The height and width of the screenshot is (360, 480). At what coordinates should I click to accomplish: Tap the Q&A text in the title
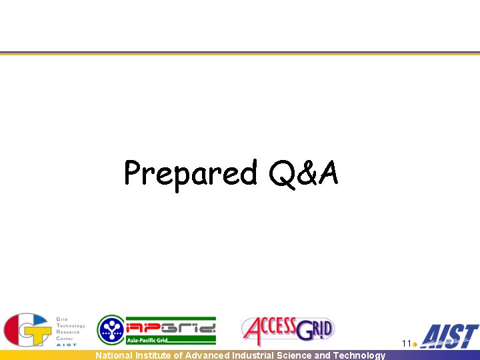click(304, 173)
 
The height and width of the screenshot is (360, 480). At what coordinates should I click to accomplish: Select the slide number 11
click(407, 344)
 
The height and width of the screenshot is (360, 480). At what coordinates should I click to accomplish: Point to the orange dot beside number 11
click(415, 345)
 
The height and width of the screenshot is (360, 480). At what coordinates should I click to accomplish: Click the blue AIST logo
click(449, 336)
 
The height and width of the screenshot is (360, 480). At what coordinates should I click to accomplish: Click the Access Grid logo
click(288, 331)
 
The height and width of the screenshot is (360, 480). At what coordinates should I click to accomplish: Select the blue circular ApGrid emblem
click(111, 330)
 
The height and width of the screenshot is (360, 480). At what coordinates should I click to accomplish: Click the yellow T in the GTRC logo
click(37, 334)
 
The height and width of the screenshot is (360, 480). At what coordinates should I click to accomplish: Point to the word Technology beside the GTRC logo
click(71, 326)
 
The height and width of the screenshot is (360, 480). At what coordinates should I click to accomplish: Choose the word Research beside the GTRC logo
click(68, 332)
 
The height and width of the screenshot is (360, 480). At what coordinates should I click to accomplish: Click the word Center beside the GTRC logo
click(65, 339)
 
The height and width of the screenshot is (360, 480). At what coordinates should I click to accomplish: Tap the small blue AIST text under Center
click(67, 345)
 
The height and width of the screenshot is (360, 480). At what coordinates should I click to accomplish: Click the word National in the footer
click(114, 355)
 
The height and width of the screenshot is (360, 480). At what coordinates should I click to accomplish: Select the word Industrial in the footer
click(253, 355)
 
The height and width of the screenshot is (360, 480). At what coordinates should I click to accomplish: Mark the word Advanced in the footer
click(207, 355)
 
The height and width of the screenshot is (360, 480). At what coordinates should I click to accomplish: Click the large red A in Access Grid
click(253, 331)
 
